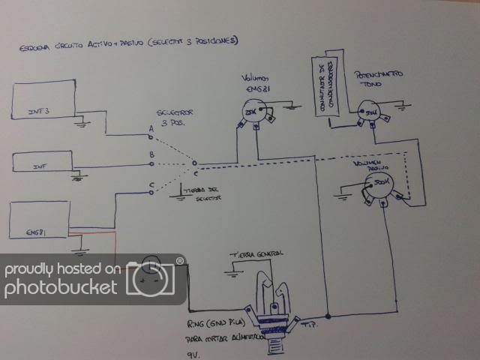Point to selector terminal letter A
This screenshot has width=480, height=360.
[151, 129]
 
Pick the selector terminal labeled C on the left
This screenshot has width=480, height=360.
[152, 185]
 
